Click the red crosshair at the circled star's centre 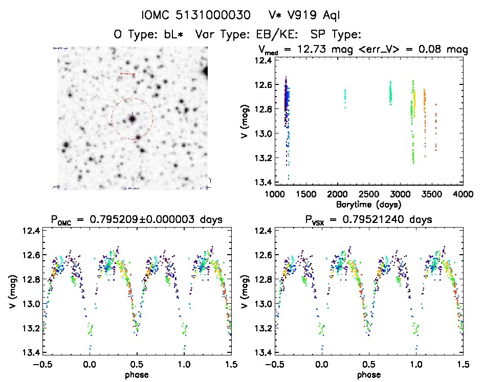pos(132,119)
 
